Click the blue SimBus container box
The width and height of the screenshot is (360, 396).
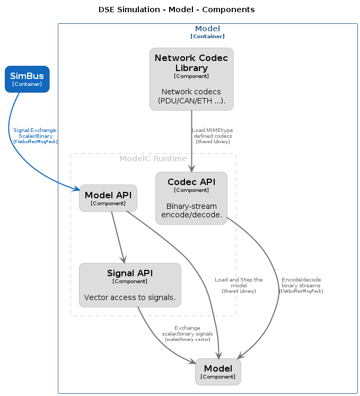[27, 79]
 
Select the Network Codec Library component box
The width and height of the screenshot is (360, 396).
[191, 79]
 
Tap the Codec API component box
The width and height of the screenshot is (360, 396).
[191, 198]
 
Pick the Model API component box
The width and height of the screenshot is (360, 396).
[108, 198]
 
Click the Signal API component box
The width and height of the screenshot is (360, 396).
[130, 285]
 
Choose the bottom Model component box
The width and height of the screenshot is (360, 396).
[218, 372]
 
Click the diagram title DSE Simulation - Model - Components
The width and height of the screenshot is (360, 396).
[177, 10]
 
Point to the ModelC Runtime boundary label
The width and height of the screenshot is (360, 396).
[153, 159]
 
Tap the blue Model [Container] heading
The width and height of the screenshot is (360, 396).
[207, 32]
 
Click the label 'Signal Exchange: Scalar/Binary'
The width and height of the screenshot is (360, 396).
[36, 133]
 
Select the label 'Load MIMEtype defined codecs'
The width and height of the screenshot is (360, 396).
[213, 133]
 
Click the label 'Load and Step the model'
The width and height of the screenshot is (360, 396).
[239, 283]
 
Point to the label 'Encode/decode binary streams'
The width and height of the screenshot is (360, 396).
[301, 283]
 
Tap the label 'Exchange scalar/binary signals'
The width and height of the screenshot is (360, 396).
[188, 331]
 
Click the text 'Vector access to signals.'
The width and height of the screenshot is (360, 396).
[130, 297]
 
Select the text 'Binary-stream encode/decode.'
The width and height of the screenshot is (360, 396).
[191, 210]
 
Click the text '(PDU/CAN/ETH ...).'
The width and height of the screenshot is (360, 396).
[191, 101]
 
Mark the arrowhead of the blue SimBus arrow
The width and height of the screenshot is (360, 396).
[77, 188]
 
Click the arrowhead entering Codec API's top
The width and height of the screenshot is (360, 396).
[191, 169]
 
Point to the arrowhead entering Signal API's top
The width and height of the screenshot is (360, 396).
[124, 260]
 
